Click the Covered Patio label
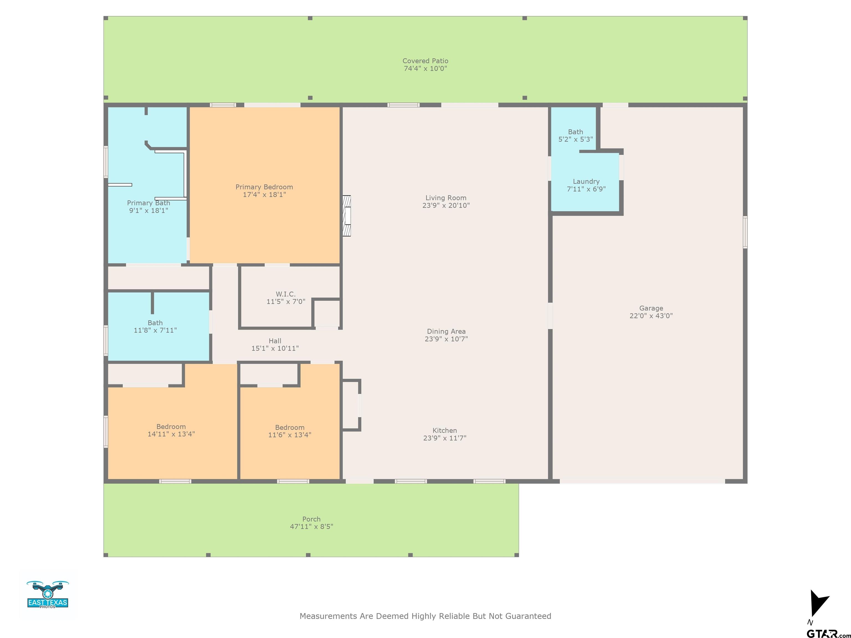[x=425, y=61]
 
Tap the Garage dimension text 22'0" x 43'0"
[x=651, y=316]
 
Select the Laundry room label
[x=586, y=182]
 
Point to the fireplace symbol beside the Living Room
[x=347, y=216]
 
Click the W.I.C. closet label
[x=285, y=294]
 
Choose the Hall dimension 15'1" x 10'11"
[x=275, y=348]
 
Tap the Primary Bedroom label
[x=264, y=187]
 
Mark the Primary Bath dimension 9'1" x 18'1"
[x=148, y=210]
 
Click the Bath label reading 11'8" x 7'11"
[x=155, y=323]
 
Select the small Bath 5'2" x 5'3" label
[x=576, y=132]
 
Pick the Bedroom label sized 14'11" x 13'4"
[x=171, y=426]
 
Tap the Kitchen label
[x=444, y=430]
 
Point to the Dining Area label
[x=446, y=331]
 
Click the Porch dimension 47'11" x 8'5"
[x=311, y=526]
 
